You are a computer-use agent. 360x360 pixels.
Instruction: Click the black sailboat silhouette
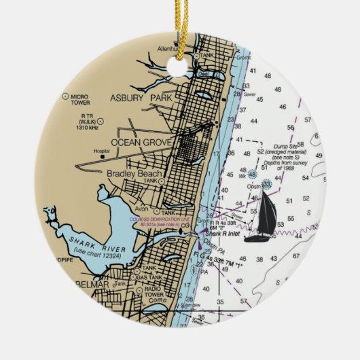tap(260, 217)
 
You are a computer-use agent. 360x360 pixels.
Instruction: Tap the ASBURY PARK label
tap(142, 98)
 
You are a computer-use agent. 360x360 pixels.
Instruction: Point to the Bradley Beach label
tap(134, 174)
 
